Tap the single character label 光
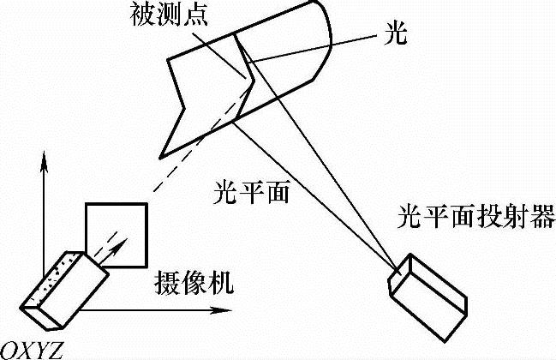pyautogui.click(x=397, y=37)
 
